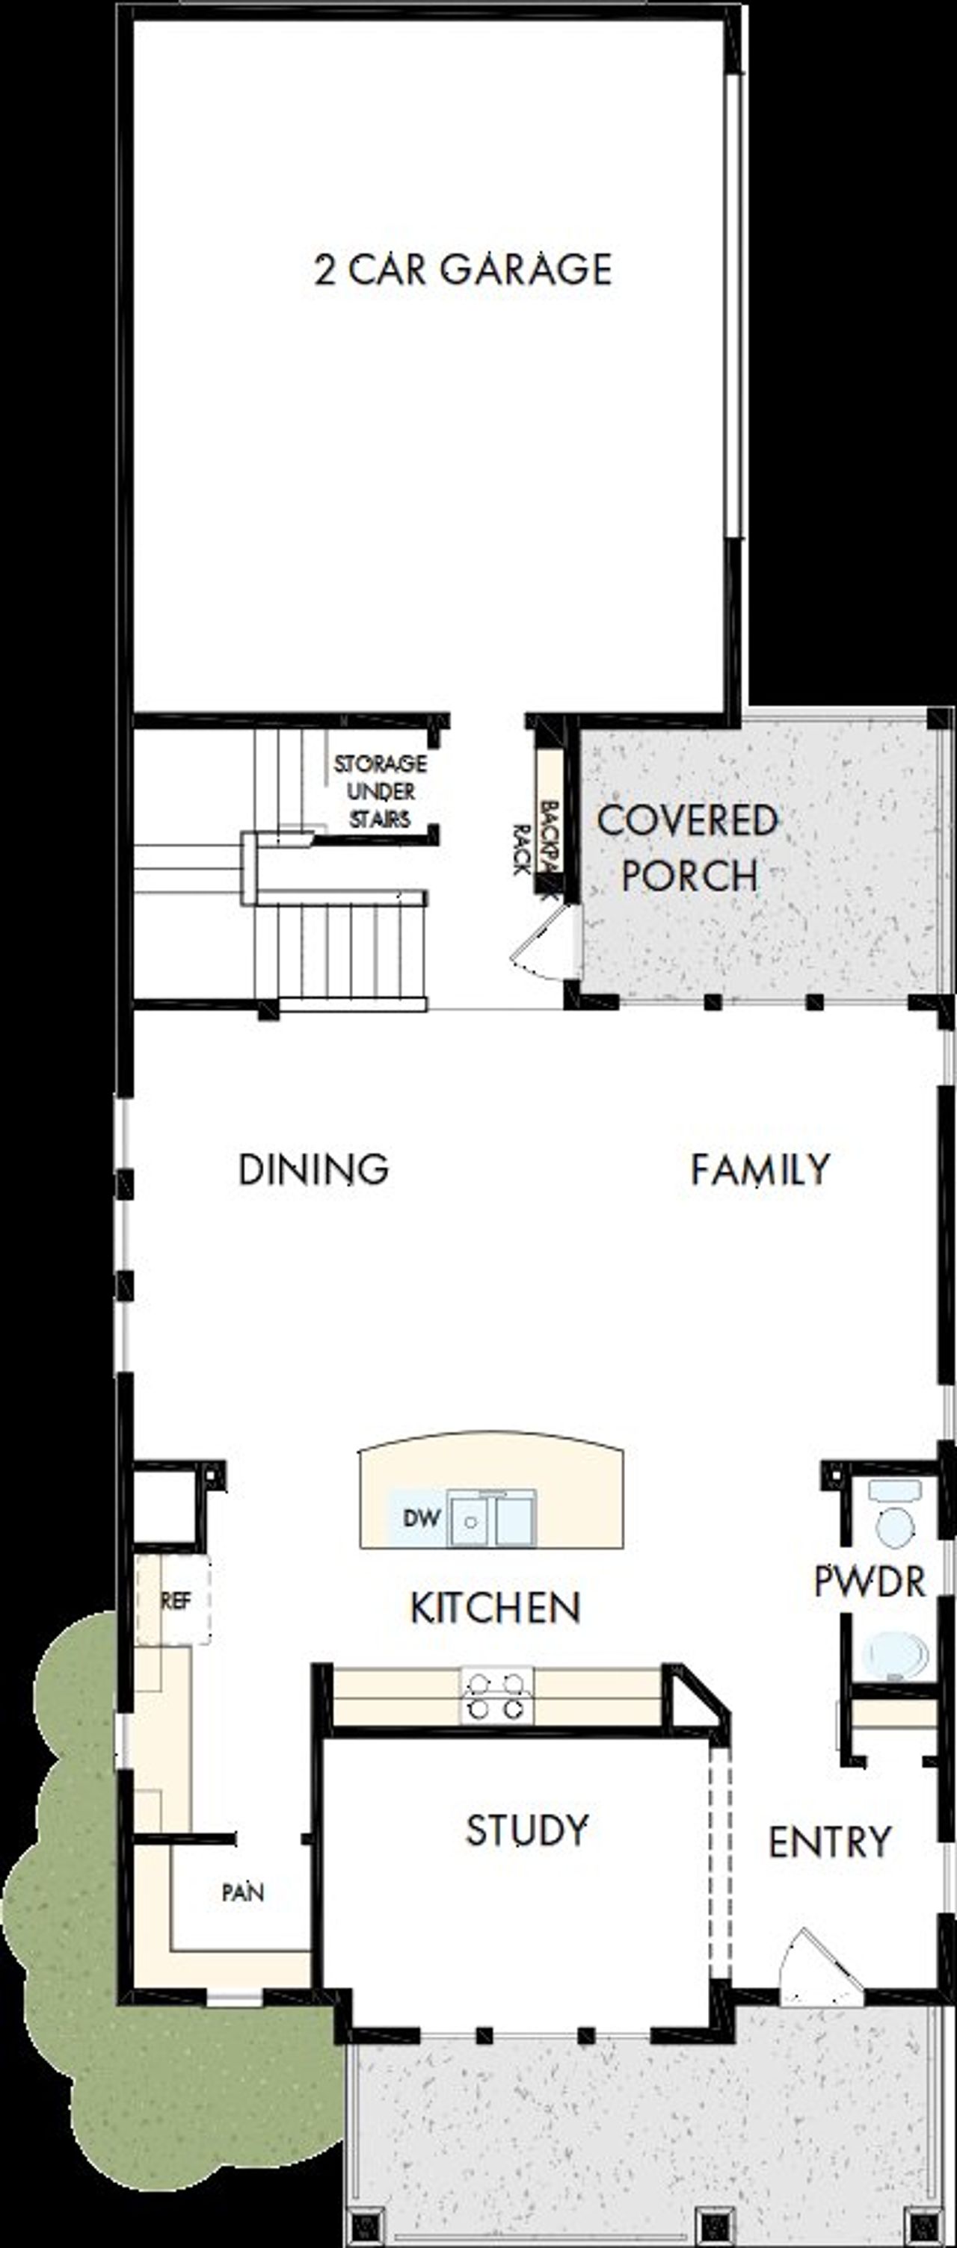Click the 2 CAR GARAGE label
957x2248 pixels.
[x=463, y=269]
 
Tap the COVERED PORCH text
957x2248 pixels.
[x=688, y=847]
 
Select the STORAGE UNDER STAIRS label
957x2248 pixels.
[x=380, y=791]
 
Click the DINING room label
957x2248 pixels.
[x=313, y=1168]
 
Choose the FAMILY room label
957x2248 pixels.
[x=760, y=1168]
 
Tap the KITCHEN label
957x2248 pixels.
[x=495, y=1608]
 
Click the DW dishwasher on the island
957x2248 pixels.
[x=421, y=1517]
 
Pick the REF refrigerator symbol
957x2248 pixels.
[x=175, y=1600]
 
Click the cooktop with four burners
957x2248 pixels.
[x=497, y=1694]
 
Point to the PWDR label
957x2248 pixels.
[x=869, y=1582]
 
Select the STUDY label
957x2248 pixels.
[x=526, y=1829]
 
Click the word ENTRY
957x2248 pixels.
[x=829, y=1842]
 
